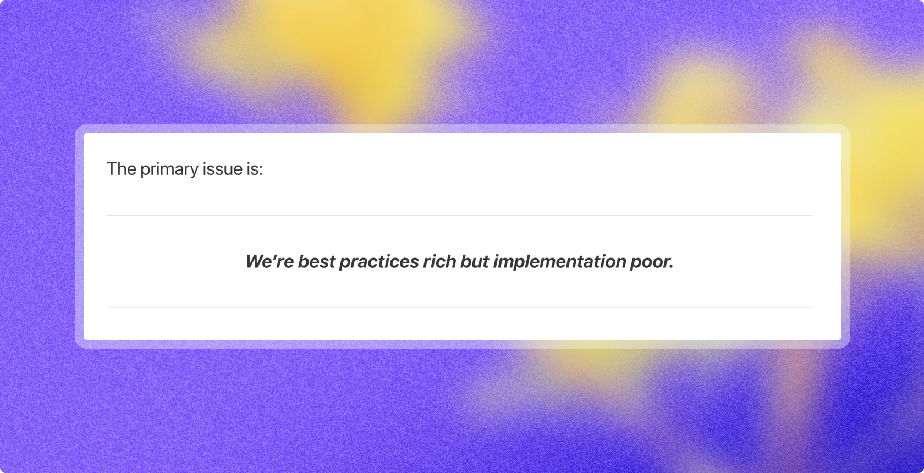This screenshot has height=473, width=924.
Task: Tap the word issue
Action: tap(222, 169)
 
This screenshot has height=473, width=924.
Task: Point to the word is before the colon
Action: tap(252, 169)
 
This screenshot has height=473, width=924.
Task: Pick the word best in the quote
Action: tap(316, 261)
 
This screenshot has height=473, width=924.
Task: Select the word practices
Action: tap(379, 262)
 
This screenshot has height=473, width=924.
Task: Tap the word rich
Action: tap(439, 261)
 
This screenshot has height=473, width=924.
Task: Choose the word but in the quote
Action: tap(475, 261)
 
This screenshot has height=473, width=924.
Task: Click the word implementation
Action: tap(559, 262)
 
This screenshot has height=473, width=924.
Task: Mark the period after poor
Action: tap(672, 267)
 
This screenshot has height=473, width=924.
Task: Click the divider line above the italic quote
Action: tap(459, 215)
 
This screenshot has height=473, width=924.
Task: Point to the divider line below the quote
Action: tap(459, 307)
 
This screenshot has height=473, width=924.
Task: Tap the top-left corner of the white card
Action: tap(85, 135)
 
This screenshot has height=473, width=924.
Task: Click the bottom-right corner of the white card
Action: tap(840, 338)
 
